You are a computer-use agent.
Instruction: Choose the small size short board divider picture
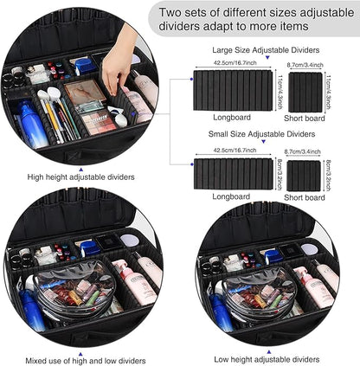pyautogui.click(x=304, y=175)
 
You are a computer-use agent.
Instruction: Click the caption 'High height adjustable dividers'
pyautogui.click(x=80, y=177)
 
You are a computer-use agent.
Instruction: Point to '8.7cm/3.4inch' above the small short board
pyautogui.click(x=304, y=149)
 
